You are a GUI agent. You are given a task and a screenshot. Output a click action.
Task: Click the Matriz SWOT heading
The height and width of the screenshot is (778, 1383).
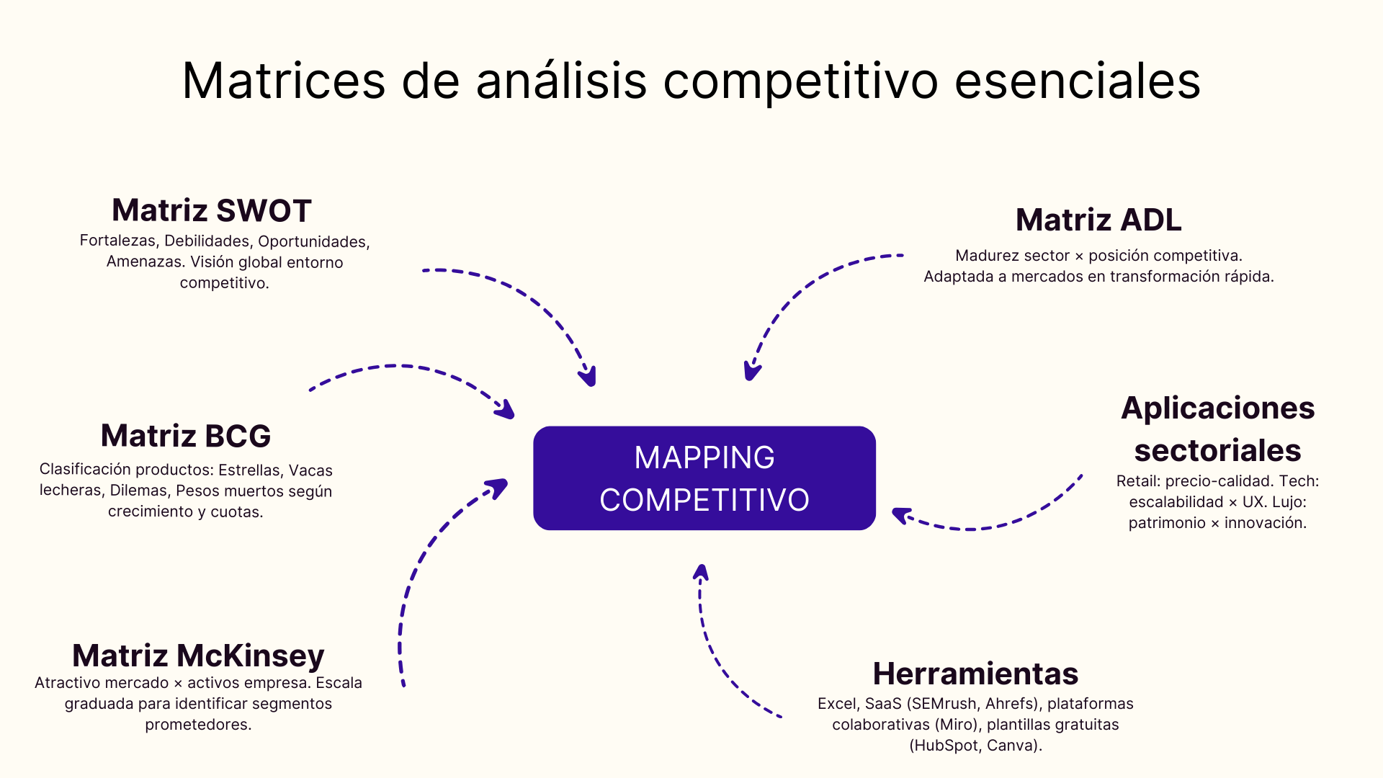point(211,210)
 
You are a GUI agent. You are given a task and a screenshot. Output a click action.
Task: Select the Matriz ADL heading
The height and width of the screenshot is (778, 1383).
point(1098,220)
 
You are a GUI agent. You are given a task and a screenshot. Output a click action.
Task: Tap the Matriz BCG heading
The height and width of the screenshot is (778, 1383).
point(186,436)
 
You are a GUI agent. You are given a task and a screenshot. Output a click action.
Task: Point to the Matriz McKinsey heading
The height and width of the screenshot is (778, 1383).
point(198,656)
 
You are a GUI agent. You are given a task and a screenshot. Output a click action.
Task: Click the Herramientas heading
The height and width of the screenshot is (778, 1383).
point(975,674)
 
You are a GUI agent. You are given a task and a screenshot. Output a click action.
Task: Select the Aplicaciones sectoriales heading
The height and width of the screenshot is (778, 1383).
point(1217,429)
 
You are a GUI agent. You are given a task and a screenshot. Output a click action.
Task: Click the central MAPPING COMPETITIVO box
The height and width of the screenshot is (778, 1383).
point(704,478)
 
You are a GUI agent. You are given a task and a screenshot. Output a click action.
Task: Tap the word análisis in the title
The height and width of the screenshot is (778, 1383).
point(561,81)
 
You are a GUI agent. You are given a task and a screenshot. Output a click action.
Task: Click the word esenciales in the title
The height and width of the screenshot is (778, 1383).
point(1077,81)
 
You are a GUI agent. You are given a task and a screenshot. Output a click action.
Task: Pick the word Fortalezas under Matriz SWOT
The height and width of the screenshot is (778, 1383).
point(117,241)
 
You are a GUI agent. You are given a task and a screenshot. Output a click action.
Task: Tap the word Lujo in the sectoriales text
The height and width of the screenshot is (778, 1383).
point(1289,502)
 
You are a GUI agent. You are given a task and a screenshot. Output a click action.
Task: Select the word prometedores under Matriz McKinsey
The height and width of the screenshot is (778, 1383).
point(198,725)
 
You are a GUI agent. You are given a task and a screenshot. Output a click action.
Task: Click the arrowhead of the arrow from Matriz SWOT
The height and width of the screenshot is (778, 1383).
point(590,377)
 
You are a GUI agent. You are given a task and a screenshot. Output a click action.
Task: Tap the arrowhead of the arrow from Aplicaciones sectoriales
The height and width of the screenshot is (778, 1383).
point(900,514)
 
